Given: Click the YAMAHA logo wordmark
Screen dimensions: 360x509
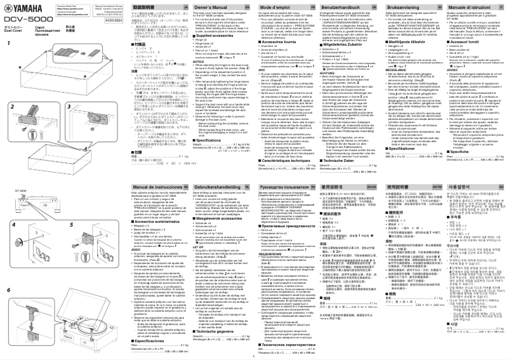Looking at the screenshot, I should point(18,6).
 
